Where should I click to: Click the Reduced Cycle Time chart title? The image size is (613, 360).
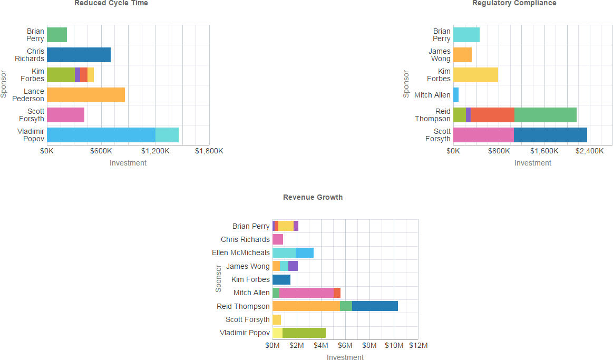tap(111, 3)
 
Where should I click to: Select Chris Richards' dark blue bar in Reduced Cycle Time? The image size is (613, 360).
tap(79, 55)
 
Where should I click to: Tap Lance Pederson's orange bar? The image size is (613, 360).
tap(86, 95)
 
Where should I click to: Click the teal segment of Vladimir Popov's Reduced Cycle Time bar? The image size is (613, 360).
tap(167, 135)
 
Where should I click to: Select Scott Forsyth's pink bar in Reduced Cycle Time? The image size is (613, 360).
tap(65, 115)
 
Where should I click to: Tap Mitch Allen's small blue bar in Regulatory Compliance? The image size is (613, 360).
tap(456, 95)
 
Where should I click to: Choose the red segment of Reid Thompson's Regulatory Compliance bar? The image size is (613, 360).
tap(492, 115)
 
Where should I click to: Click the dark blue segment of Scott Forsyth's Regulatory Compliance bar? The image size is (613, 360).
tap(550, 135)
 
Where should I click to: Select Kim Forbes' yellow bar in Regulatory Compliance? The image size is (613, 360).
tap(475, 75)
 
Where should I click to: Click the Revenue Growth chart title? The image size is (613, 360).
tap(313, 197)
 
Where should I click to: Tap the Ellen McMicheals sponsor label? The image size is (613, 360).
tap(241, 252)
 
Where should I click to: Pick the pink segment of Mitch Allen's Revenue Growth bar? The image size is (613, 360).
tap(306, 293)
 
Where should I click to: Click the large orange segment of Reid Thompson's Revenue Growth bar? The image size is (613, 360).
tap(306, 306)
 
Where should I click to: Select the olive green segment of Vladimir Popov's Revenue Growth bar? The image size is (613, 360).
tap(304, 333)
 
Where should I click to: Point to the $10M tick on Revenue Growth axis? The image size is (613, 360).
tap(394, 346)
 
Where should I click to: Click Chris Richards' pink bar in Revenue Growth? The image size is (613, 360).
tap(278, 239)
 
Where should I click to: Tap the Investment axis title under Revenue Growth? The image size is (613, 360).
tap(345, 357)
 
